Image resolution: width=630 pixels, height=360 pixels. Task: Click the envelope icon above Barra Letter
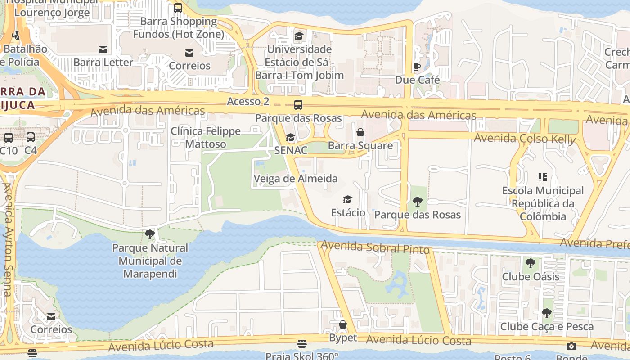click(x=103, y=49)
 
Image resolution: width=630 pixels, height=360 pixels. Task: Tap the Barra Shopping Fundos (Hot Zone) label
click(x=178, y=27)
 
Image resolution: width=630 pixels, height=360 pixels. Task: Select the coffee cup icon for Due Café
click(x=417, y=67)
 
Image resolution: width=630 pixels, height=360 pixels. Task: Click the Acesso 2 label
click(x=248, y=101)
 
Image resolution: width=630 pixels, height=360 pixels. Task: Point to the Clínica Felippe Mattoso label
click(x=206, y=138)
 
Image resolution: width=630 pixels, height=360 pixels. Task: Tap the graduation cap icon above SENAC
click(x=291, y=138)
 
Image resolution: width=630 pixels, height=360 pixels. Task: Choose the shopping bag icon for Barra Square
click(x=360, y=132)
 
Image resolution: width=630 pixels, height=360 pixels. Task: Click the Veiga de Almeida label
click(x=296, y=179)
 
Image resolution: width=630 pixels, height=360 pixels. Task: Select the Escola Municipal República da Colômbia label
click(x=543, y=203)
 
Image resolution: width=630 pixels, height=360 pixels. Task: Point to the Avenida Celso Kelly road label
click(x=525, y=139)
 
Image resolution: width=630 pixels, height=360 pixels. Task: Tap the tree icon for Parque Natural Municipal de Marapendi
click(x=150, y=234)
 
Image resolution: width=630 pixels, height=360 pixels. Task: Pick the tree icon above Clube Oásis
click(x=531, y=263)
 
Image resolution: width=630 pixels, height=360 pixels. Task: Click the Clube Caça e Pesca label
click(x=547, y=326)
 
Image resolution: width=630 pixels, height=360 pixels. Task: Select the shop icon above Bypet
click(x=343, y=324)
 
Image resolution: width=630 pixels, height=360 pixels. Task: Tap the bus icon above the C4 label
click(x=31, y=137)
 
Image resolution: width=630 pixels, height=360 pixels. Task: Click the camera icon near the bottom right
click(x=571, y=346)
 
